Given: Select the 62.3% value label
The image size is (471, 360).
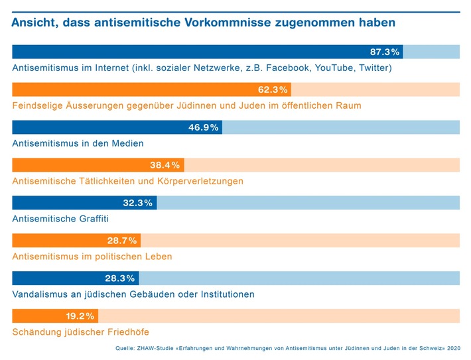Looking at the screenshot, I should point(273,90).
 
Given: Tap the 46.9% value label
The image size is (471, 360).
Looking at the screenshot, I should point(204,127).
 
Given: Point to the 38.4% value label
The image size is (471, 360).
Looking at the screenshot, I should point(165,165).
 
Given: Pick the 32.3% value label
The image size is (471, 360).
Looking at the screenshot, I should point(139,203).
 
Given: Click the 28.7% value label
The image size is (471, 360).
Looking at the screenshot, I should point(122,241).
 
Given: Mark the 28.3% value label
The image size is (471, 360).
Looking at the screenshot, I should point(120,278).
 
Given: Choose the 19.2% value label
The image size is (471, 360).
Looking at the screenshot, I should point(80,316).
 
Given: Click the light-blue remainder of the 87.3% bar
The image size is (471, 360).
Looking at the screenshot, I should point(431,52).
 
